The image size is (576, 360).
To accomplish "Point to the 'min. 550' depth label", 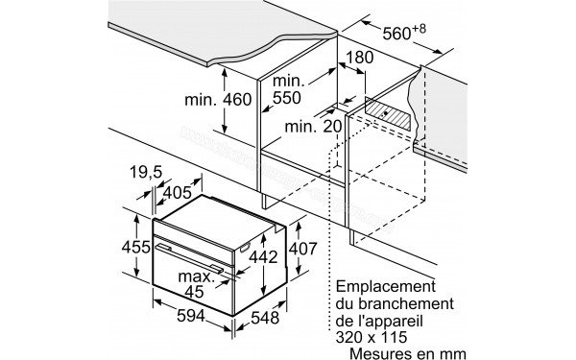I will pos(289,89).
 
